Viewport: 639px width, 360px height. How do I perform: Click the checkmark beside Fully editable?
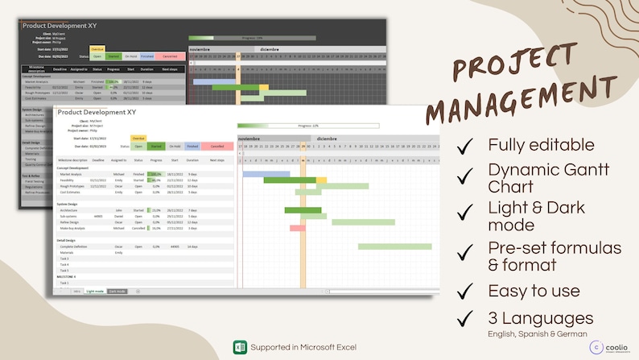point(464,147)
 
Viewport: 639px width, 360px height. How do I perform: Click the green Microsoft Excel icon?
point(239,346)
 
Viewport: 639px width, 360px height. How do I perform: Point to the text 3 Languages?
point(541,318)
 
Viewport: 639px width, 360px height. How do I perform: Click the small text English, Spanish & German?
point(536,333)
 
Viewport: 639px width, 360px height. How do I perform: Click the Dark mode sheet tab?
point(117,291)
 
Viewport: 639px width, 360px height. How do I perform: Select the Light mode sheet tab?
point(95,291)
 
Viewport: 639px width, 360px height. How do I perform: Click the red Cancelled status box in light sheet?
point(216,147)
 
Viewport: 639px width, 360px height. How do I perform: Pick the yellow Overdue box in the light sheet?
point(138,139)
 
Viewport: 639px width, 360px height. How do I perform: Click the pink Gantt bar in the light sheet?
point(298,228)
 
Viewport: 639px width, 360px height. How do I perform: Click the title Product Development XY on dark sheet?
point(60,26)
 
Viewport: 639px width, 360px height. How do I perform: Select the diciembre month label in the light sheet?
point(327,139)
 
